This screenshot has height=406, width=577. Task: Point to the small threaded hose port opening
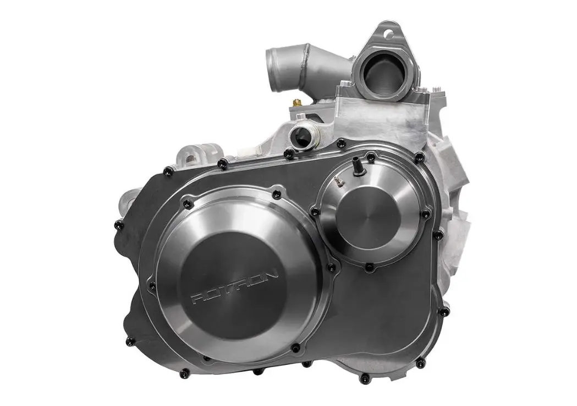pyautogui.click(x=301, y=137)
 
